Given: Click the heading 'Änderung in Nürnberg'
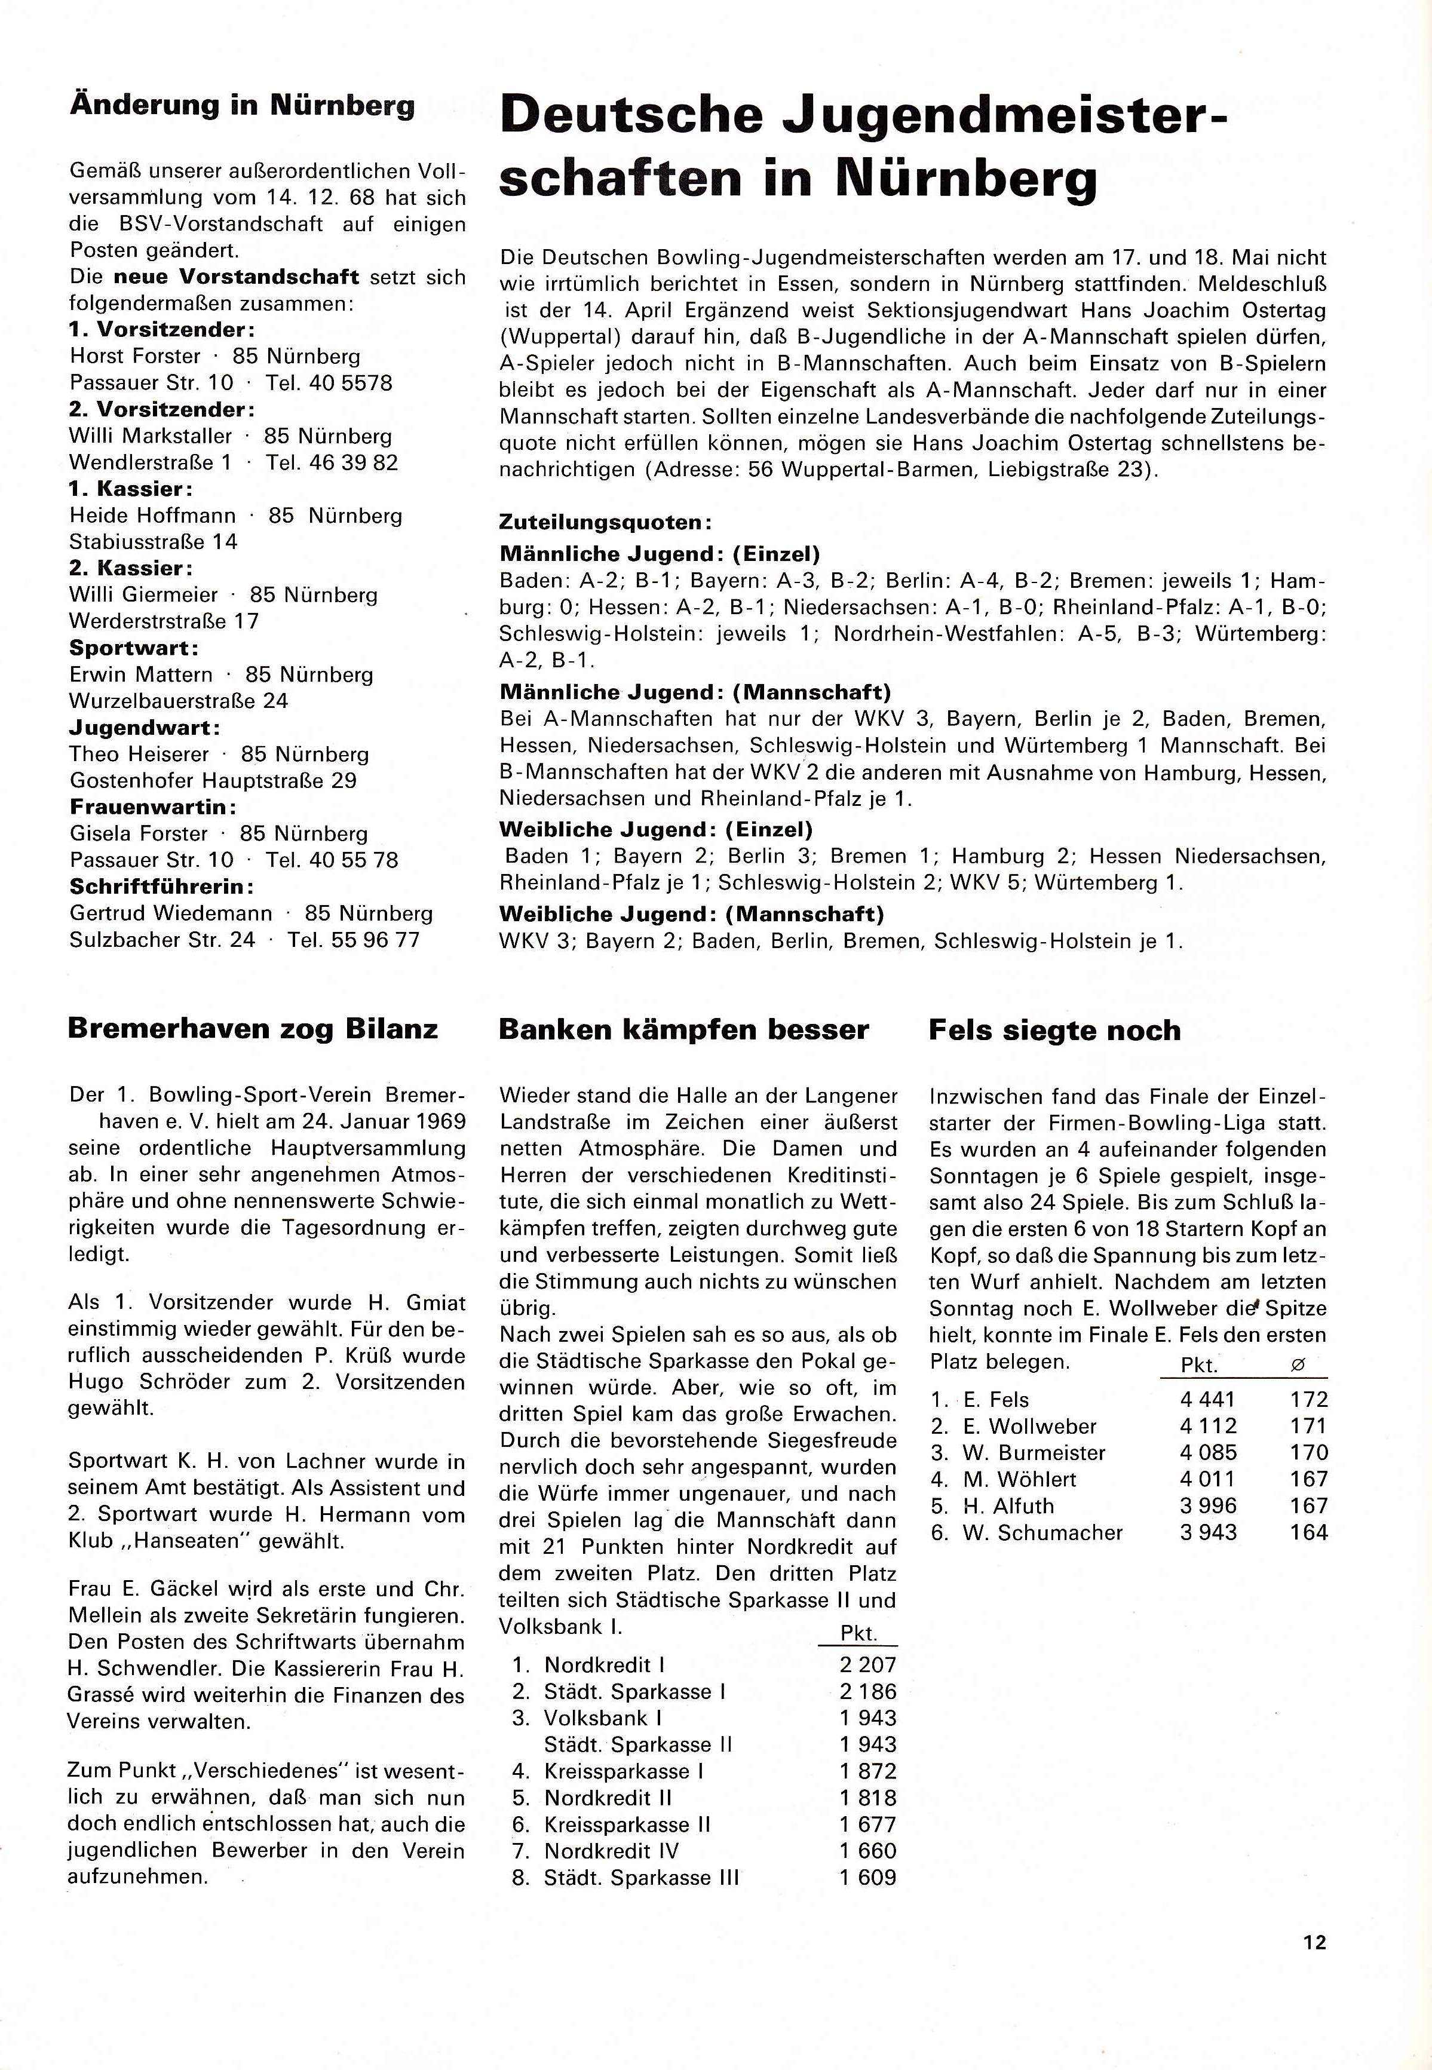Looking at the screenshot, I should coord(243,106).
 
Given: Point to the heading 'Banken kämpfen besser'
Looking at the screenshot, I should coord(683,1029).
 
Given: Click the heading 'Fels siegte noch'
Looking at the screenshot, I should coord(1054,1030).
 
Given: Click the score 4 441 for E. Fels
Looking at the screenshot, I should coord(1209,1400).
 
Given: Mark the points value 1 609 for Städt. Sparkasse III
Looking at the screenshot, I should coord(867,1877).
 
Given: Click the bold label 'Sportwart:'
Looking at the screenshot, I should coord(134,648).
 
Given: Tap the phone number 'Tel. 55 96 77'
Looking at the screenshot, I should coord(354,940).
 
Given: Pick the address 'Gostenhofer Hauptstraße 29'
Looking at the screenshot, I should coord(213,781).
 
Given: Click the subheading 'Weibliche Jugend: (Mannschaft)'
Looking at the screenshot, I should coord(691,914).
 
